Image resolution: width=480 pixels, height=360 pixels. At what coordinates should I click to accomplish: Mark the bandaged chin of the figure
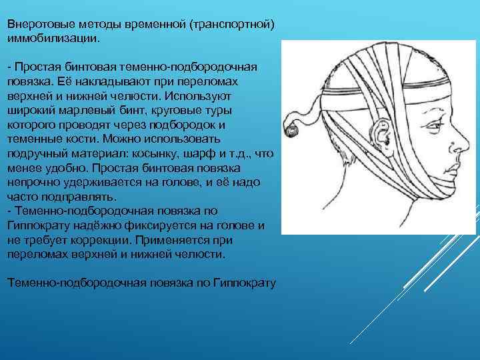pyautogui.click(x=437, y=190)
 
